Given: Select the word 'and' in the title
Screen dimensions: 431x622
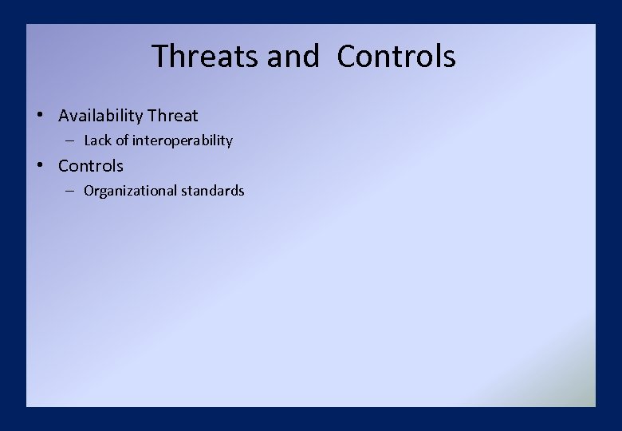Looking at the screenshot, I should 293,57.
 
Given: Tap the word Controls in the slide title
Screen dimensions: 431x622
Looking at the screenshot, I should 396,57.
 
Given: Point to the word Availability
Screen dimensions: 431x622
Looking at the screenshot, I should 100,116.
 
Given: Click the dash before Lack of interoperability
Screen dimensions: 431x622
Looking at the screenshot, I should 71,140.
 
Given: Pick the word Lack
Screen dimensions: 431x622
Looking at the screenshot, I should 98,140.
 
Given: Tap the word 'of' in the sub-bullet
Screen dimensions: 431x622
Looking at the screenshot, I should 122,140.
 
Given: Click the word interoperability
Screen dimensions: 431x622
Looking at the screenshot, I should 183,140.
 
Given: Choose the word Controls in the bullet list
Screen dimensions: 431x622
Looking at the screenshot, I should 91,166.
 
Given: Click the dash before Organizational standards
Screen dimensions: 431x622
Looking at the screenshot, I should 71,191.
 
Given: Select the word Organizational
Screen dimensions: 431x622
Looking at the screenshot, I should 130,191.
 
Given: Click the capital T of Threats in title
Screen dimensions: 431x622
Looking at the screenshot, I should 159,57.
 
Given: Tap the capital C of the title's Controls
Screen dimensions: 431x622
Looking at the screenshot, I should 347,57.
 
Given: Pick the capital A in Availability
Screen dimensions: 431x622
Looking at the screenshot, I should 65,116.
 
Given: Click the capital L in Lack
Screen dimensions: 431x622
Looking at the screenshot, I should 88,140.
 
